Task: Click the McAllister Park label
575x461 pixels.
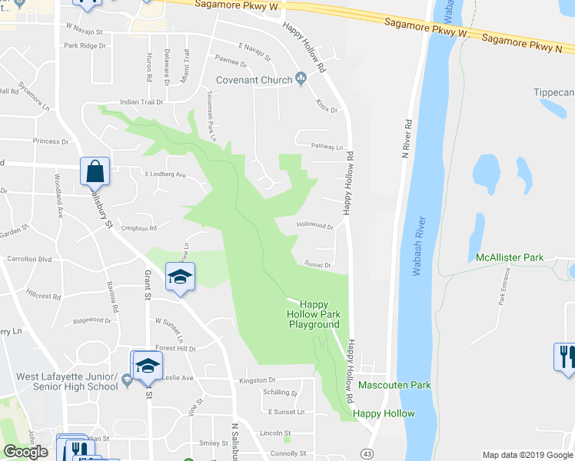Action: click(x=510, y=257)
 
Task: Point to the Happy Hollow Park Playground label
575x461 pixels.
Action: click(x=313, y=314)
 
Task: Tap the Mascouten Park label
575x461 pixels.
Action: click(x=394, y=385)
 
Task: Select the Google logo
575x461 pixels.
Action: click(x=25, y=452)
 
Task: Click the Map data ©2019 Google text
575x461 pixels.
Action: click(x=527, y=455)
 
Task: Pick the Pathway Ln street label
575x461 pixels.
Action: click(x=326, y=146)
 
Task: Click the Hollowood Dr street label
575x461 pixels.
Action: click(x=315, y=227)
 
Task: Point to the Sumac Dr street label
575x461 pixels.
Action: click(x=317, y=264)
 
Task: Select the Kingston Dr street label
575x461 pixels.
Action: click(x=257, y=380)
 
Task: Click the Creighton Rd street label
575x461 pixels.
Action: click(x=139, y=227)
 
